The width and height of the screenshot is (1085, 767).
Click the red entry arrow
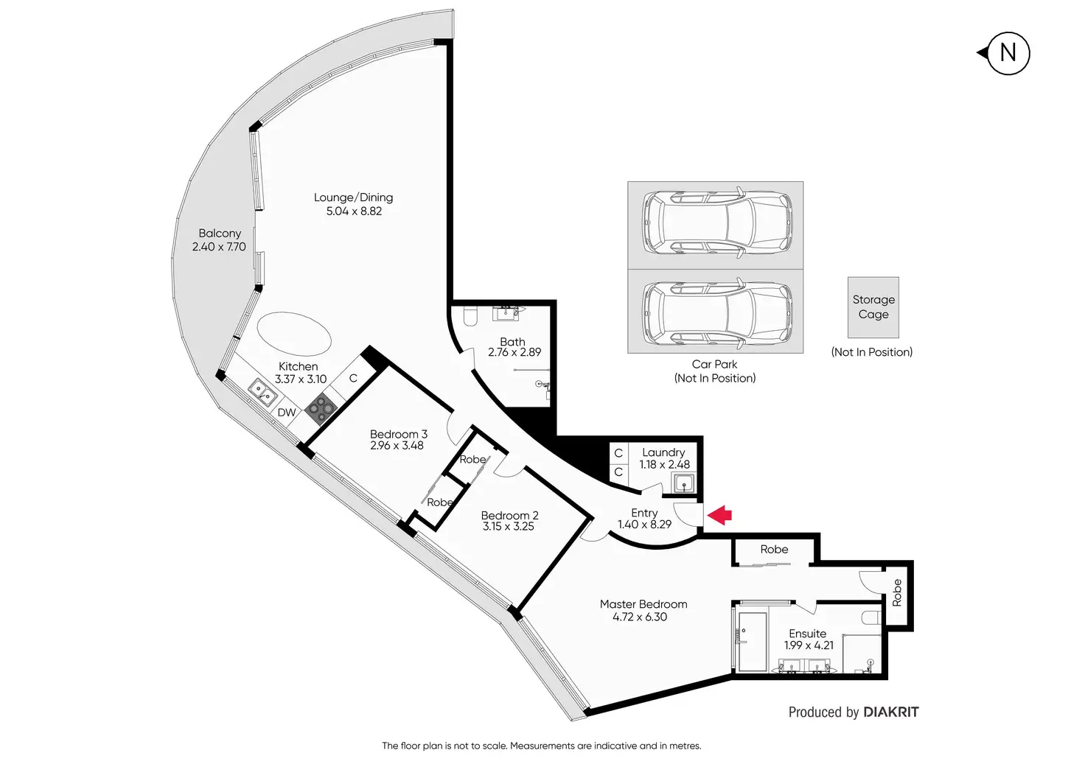(x=720, y=514)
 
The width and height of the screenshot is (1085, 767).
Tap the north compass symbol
(x=1007, y=53)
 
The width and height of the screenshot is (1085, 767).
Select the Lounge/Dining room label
(x=353, y=197)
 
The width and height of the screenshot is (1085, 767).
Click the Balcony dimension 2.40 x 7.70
(x=219, y=247)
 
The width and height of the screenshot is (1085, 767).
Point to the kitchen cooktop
(x=321, y=407)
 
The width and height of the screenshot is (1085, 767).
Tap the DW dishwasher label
(x=287, y=413)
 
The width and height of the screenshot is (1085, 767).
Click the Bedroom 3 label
(x=398, y=434)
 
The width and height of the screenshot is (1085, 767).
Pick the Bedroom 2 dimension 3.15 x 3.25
(x=509, y=526)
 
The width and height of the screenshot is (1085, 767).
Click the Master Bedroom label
(x=643, y=604)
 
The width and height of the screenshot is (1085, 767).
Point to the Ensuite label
(x=807, y=634)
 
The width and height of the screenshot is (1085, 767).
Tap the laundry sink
(x=684, y=484)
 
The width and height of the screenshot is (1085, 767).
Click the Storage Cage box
(x=873, y=307)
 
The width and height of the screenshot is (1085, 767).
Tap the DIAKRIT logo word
(x=890, y=712)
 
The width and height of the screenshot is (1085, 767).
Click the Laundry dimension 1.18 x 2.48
(x=664, y=464)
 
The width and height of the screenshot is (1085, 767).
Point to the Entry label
(x=644, y=513)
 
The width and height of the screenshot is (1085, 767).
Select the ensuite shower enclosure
(x=752, y=641)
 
